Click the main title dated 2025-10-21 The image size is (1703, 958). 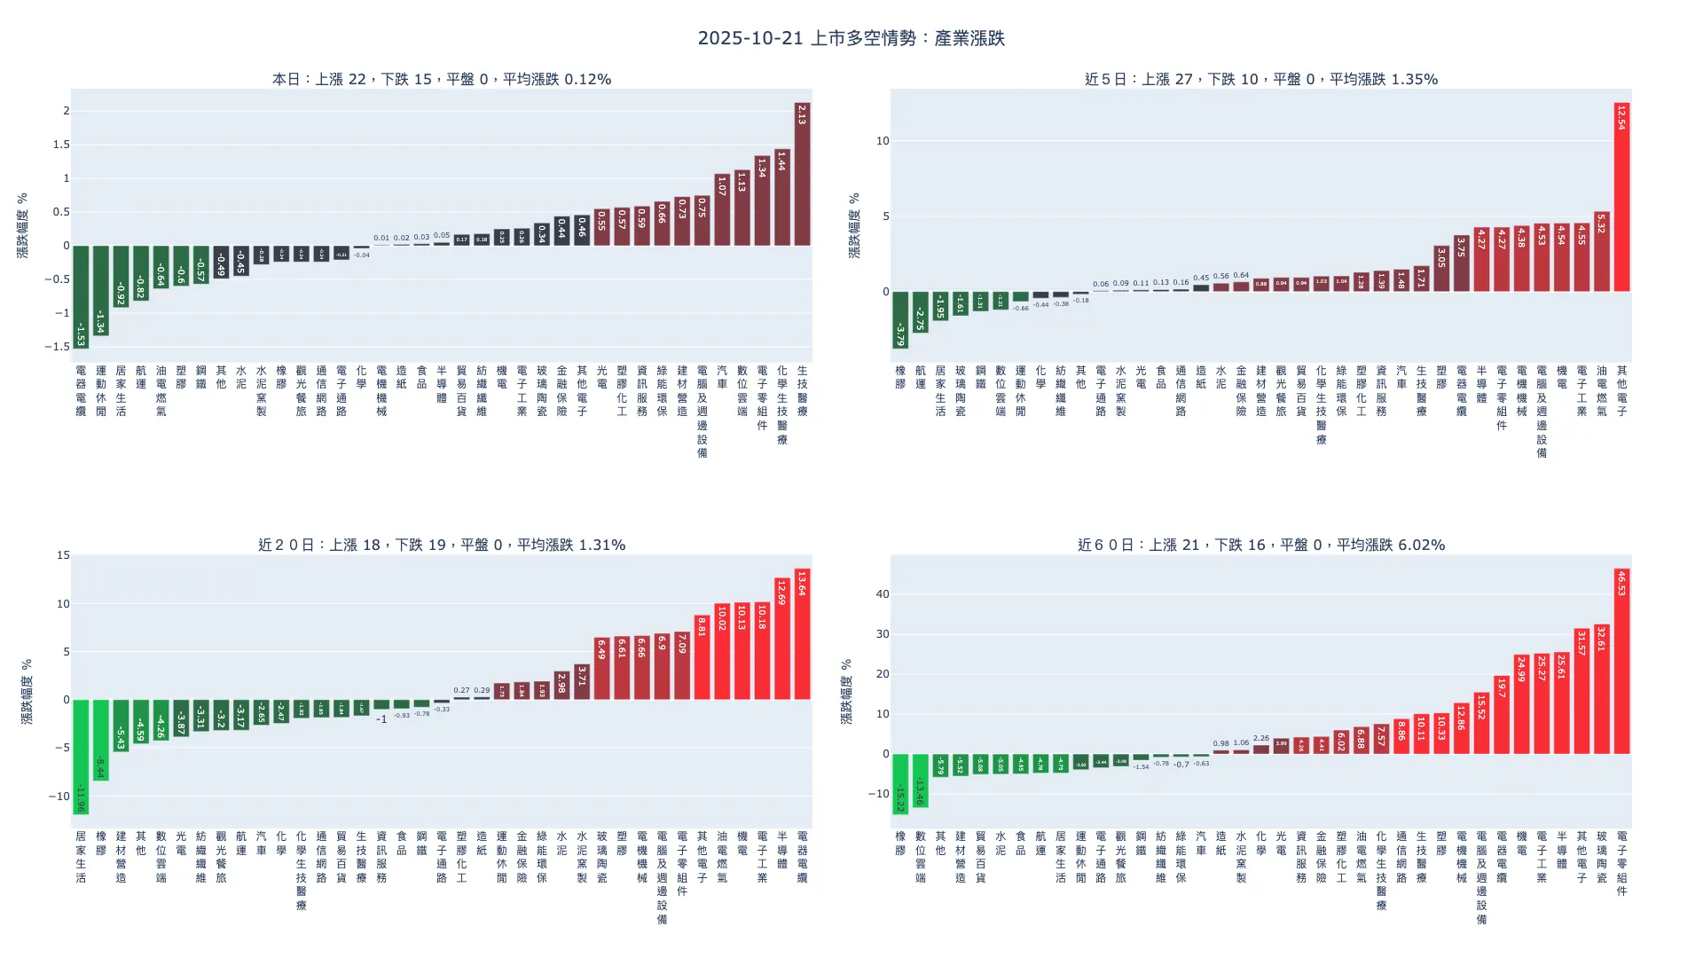tap(851, 38)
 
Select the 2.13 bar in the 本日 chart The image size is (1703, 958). tap(802, 174)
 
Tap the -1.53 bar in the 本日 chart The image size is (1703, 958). tap(81, 296)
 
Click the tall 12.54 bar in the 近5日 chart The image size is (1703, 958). tap(1621, 197)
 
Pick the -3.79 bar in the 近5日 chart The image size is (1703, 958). tap(900, 319)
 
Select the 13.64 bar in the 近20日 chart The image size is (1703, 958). tap(802, 633)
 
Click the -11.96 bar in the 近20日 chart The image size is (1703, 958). tap(81, 757)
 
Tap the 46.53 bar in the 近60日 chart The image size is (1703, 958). tap(1621, 662)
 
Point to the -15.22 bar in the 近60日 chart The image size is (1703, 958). tap(900, 784)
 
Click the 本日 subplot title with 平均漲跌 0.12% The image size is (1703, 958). tap(442, 79)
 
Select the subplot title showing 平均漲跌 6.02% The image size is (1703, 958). tap(1261, 545)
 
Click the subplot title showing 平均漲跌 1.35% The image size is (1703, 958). tap(1261, 79)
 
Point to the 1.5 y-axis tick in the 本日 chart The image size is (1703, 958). tap(61, 145)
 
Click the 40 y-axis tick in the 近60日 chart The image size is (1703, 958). tap(882, 594)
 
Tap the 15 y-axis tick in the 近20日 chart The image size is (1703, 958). tap(63, 555)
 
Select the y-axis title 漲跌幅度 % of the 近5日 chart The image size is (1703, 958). tap(854, 225)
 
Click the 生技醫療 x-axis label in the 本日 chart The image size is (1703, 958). tap(802, 391)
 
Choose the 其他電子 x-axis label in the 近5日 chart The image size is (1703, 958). tap(1621, 391)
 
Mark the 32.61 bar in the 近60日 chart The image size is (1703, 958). tap(1601, 689)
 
